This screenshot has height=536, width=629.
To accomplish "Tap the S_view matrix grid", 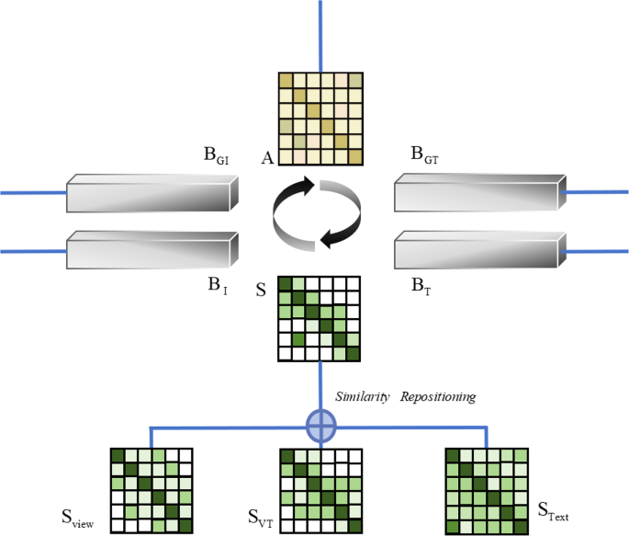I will click(x=152, y=490).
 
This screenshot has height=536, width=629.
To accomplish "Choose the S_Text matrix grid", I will click(x=487, y=490).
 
